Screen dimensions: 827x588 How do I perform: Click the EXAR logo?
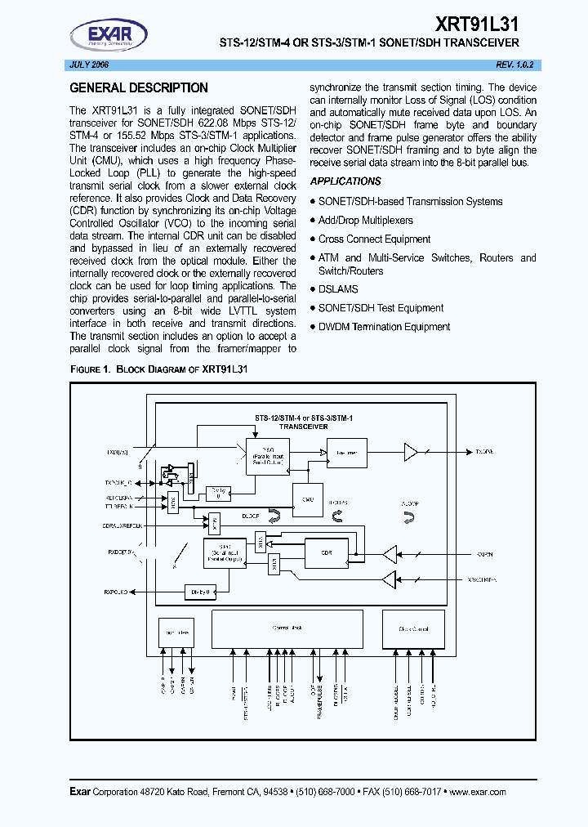click(108, 34)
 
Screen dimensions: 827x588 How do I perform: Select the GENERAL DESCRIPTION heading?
click(139, 88)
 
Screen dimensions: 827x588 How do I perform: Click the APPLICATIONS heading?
click(345, 181)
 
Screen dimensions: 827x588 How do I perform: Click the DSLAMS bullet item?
click(338, 289)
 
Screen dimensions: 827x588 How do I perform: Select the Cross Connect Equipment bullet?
click(374, 239)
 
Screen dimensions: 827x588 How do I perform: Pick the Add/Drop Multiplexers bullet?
click(365, 221)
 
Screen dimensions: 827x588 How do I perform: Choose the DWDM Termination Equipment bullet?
click(384, 327)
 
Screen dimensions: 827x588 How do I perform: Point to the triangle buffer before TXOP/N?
click(411, 451)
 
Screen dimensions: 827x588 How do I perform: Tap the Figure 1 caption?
click(159, 369)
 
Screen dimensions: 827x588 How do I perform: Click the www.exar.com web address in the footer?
click(478, 792)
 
